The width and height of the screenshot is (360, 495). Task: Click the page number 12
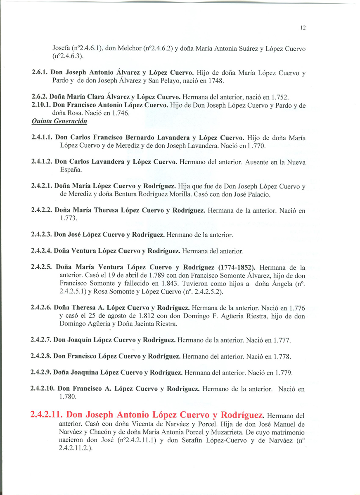click(x=303, y=28)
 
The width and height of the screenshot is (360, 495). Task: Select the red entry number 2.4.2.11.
click(x=47, y=415)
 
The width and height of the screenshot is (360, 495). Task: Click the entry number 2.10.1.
click(x=41, y=105)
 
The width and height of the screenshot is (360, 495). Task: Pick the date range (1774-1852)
click(x=233, y=267)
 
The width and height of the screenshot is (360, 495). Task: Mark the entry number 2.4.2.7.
click(x=42, y=340)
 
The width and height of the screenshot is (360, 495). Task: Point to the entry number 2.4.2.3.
click(x=42, y=235)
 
